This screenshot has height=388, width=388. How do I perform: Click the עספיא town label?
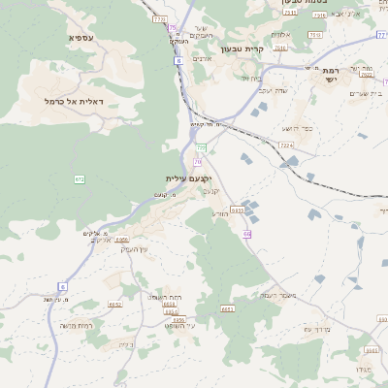tap(81, 37)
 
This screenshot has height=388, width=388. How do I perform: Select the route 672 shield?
tap(80, 178)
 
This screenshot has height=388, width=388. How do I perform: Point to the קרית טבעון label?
tap(242, 48)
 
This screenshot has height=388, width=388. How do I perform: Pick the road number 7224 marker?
tap(286, 145)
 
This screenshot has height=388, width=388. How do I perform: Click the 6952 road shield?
tap(115, 304)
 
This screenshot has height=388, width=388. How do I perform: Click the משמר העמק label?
tap(277, 295)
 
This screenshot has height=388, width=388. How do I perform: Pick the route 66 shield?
tap(246, 234)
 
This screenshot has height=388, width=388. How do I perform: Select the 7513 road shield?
tap(314, 35)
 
